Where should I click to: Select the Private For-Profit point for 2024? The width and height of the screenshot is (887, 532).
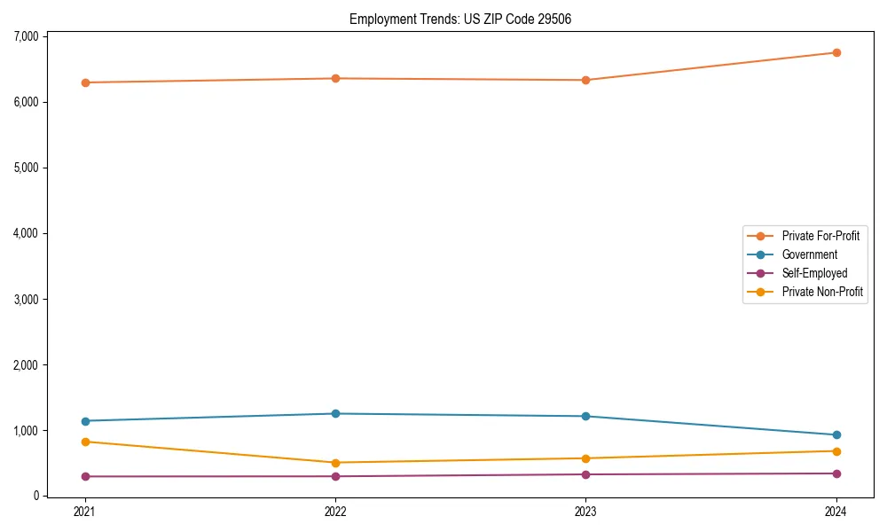[x=836, y=52]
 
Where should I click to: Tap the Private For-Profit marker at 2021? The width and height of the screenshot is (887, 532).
[x=85, y=82]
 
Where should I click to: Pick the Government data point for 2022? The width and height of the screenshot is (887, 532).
[x=335, y=413]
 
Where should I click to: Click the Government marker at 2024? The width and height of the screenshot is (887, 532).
[x=836, y=434]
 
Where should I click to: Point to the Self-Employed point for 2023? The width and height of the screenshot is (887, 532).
[x=585, y=474]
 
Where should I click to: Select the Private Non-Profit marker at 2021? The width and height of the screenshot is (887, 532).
[x=85, y=442]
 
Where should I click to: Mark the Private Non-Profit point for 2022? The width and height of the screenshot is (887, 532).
[x=335, y=462]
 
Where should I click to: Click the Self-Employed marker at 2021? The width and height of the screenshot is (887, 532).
[x=85, y=476]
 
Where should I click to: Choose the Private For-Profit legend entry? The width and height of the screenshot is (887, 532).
[x=820, y=236]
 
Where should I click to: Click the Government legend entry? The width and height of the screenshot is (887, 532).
[x=809, y=254]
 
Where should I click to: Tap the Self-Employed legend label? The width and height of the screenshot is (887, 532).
[x=814, y=273]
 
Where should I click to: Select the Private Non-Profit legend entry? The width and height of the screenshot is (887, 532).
[x=822, y=292]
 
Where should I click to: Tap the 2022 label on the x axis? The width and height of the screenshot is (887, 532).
[x=335, y=511]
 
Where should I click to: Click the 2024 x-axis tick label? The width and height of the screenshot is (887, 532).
[x=836, y=511]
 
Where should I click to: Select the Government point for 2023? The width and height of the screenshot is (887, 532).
[x=585, y=416]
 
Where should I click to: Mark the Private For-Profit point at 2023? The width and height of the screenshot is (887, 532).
[x=585, y=80]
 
